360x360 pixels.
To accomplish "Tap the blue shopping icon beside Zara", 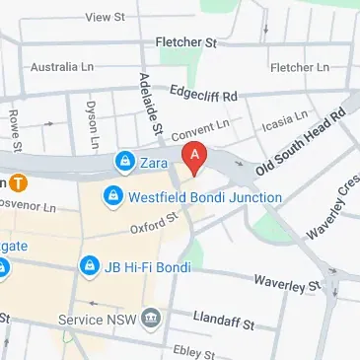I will [x=124, y=160].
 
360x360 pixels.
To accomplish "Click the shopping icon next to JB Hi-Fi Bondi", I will [x=90, y=266].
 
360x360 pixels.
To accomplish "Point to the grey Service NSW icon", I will [x=150, y=318].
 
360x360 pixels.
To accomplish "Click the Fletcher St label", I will [x=186, y=42].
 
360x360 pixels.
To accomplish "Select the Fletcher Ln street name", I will [x=299, y=67].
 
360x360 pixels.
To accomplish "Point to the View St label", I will [x=106, y=17].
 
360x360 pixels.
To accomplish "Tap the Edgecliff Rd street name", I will [x=204, y=97].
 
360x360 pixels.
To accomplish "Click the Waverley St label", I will [x=288, y=282].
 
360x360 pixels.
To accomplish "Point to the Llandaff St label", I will [x=224, y=322].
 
